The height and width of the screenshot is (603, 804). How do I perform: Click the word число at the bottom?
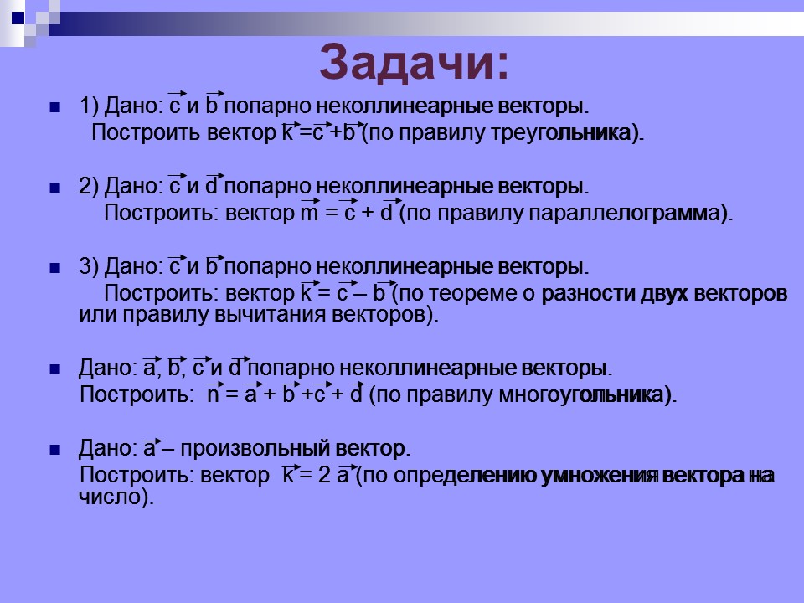(104, 497)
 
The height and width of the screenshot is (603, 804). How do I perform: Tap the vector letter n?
(214, 396)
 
